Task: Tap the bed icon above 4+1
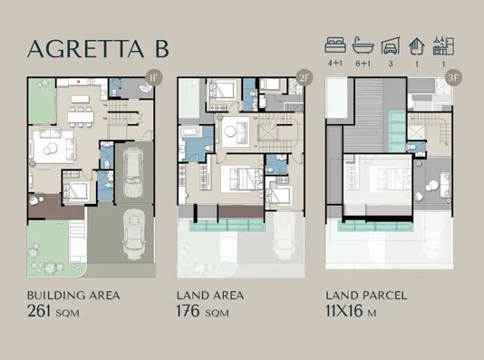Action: [x=335, y=44]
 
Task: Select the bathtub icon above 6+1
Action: [x=363, y=44]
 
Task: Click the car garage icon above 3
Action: [x=390, y=44]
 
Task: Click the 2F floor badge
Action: [x=303, y=78]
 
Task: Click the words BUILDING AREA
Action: [x=73, y=295]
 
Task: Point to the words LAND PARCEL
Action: [x=365, y=295]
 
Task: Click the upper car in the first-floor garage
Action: [x=132, y=169]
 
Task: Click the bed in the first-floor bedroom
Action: [x=76, y=190]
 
